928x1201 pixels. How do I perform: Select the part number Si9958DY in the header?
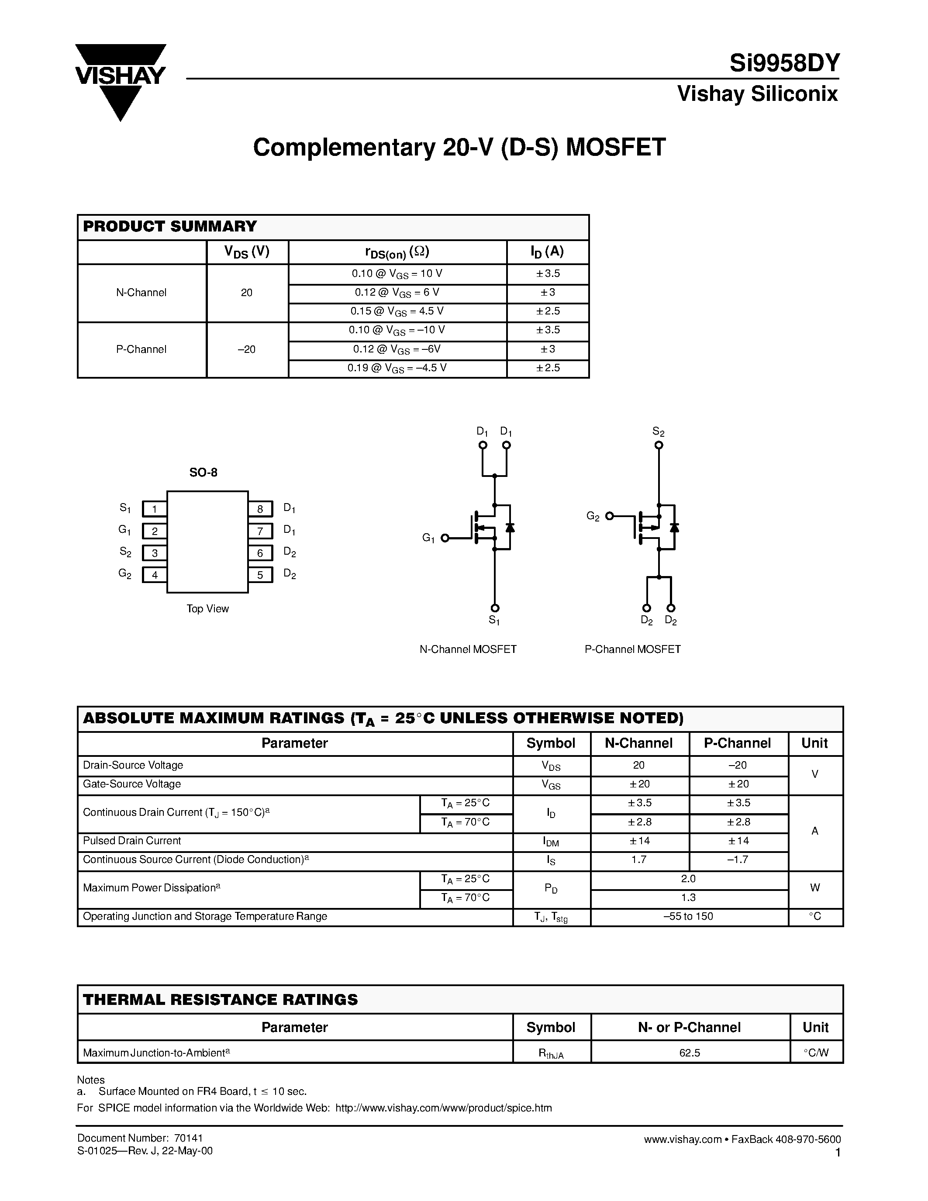pos(784,64)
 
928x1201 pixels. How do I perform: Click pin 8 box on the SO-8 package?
pos(260,509)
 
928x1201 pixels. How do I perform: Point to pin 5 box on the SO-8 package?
pos(260,575)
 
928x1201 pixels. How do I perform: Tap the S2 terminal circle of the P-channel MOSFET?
pos(659,445)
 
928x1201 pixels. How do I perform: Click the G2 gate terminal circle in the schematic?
pos(609,516)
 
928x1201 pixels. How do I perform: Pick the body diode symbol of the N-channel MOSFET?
pos(510,528)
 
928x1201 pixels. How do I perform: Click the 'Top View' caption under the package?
pos(207,609)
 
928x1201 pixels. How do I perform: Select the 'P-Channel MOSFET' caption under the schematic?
pos(632,649)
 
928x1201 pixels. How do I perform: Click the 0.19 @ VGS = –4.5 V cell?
pos(397,368)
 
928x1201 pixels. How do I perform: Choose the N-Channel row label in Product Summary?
pos(141,293)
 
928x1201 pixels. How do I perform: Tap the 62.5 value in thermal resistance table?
pos(690,1053)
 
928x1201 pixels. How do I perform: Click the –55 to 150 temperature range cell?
pos(688,916)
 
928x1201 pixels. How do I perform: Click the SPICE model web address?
pos(443,1108)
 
